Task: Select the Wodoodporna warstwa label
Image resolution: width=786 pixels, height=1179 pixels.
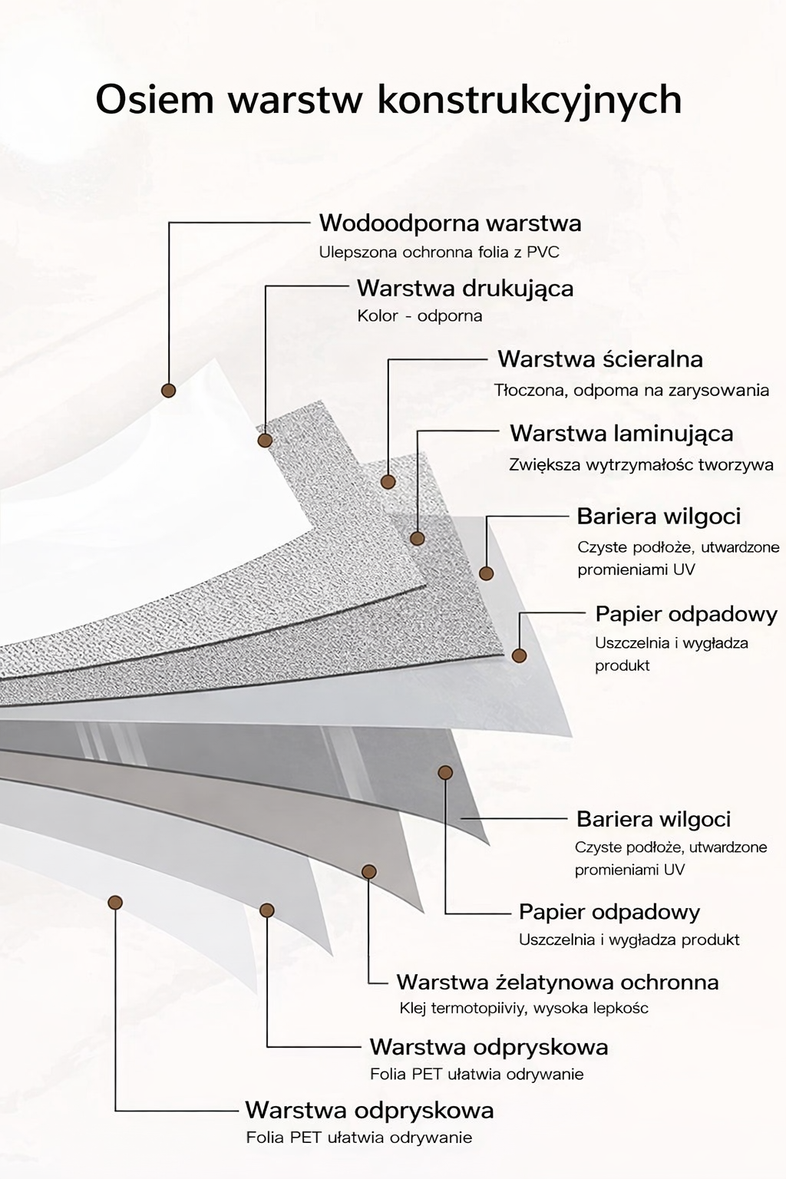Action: click(x=450, y=223)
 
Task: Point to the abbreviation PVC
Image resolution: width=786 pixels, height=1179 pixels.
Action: click(x=543, y=253)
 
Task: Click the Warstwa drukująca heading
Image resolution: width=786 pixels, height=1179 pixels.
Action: click(x=465, y=289)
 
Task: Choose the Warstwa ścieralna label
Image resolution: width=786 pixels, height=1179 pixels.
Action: click(x=600, y=359)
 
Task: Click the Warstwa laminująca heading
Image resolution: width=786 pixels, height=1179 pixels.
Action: click(x=621, y=433)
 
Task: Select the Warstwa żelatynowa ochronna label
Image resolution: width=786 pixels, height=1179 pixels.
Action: click(x=557, y=982)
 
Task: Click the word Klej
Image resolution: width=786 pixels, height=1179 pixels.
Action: click(x=413, y=1009)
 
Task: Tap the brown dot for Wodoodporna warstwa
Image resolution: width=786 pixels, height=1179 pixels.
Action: click(x=169, y=390)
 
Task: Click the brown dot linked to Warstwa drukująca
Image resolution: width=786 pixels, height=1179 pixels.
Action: click(x=265, y=441)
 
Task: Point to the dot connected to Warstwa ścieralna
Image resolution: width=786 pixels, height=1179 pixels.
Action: click(x=388, y=482)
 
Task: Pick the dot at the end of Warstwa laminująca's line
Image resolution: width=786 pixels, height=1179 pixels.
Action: click(x=417, y=538)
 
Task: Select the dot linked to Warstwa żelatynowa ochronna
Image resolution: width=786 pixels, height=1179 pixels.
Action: click(x=369, y=871)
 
